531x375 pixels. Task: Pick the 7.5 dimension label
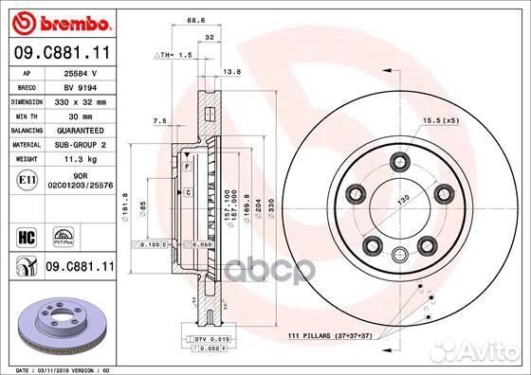(159, 120)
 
